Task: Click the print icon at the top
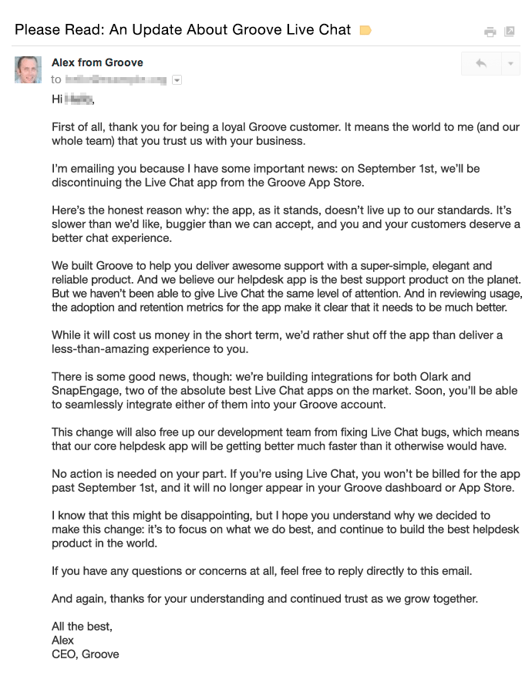point(490,32)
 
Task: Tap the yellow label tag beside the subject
point(365,31)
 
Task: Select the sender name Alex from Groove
point(97,62)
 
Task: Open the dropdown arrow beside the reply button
point(510,64)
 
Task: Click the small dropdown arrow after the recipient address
point(177,79)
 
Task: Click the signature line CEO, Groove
point(86,654)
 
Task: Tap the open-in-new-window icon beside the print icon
point(509,32)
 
